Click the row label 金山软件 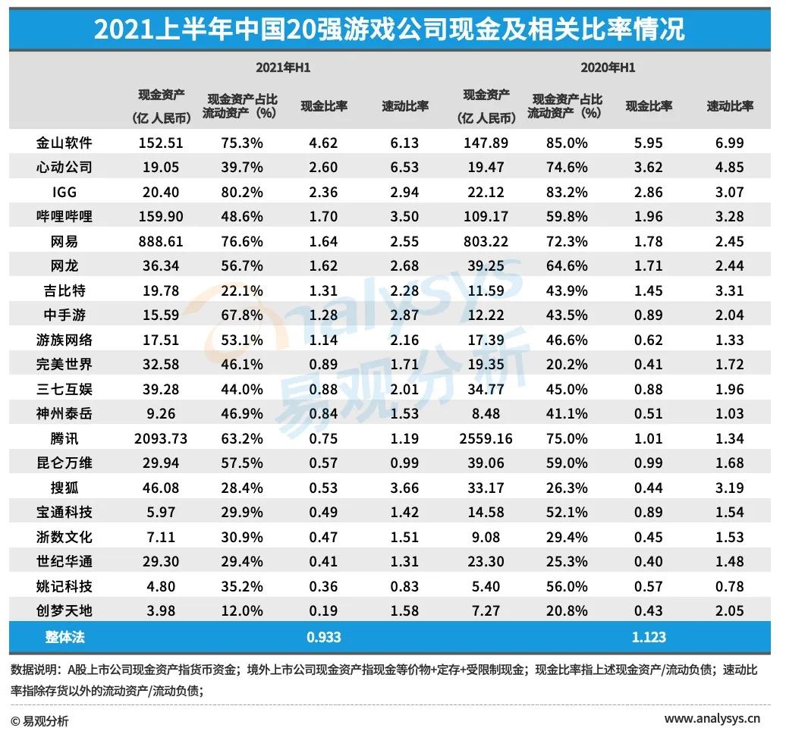[x=64, y=142]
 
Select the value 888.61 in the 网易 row [x=161, y=241]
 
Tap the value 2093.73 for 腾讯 [x=161, y=438]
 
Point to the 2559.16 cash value [x=486, y=438]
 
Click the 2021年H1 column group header [x=283, y=67]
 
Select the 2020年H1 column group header [x=608, y=67]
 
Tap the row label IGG [x=64, y=191]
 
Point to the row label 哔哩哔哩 [x=64, y=216]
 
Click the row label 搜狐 [x=64, y=488]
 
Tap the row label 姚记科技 [x=64, y=586]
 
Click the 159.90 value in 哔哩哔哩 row [x=161, y=216]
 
